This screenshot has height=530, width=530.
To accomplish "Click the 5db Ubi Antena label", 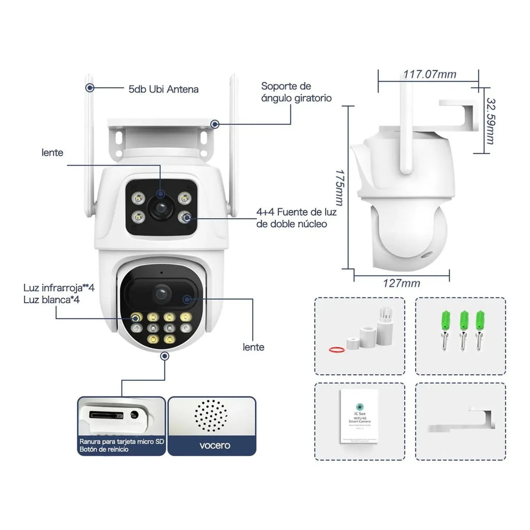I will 163,89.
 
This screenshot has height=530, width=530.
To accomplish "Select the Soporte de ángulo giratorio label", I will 296,92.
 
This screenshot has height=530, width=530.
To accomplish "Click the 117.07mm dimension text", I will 430,75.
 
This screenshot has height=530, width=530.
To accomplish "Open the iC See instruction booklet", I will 359,416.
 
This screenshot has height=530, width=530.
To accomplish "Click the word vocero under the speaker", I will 212,445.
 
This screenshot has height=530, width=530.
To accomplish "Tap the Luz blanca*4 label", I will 51,299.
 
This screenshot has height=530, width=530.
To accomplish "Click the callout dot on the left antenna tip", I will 90,88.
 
